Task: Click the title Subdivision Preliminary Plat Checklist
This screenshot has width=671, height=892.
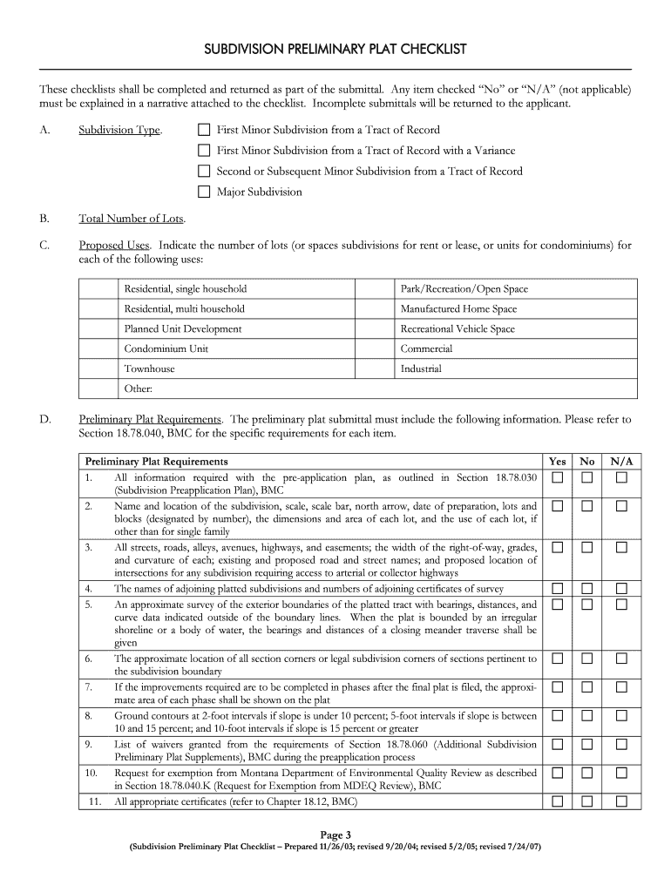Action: tap(335, 50)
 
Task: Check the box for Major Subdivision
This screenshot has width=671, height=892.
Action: tap(204, 192)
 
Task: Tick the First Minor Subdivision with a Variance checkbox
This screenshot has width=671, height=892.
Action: tap(204, 151)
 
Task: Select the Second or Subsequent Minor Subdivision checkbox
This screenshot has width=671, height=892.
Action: tap(204, 172)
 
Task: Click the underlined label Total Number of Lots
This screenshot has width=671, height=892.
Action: tap(132, 219)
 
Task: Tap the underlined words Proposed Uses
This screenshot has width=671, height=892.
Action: tap(114, 246)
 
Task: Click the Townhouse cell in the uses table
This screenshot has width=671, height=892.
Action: tap(149, 368)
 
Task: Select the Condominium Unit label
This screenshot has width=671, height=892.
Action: tap(166, 348)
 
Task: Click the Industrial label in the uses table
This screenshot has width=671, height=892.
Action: tap(421, 368)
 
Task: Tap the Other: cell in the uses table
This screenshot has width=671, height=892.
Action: tap(139, 389)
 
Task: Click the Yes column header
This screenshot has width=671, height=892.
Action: tap(557, 462)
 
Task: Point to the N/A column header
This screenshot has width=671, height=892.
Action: tap(621, 462)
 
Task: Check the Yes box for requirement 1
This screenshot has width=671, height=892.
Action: tap(557, 478)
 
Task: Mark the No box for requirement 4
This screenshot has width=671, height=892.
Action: tap(588, 589)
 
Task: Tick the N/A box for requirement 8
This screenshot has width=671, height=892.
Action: tap(621, 716)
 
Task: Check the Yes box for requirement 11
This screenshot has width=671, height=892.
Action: tap(557, 801)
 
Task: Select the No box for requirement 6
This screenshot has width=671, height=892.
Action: tap(588, 659)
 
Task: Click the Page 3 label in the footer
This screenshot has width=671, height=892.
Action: tap(335, 834)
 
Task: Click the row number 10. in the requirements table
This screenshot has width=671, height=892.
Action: tap(91, 773)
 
